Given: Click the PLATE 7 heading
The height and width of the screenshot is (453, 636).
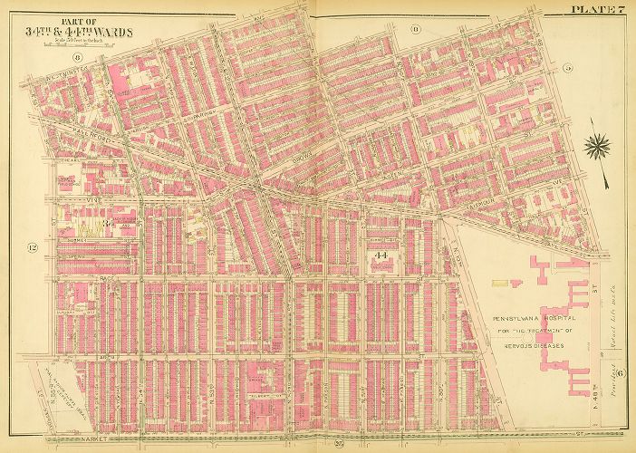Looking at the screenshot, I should pos(598,10).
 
